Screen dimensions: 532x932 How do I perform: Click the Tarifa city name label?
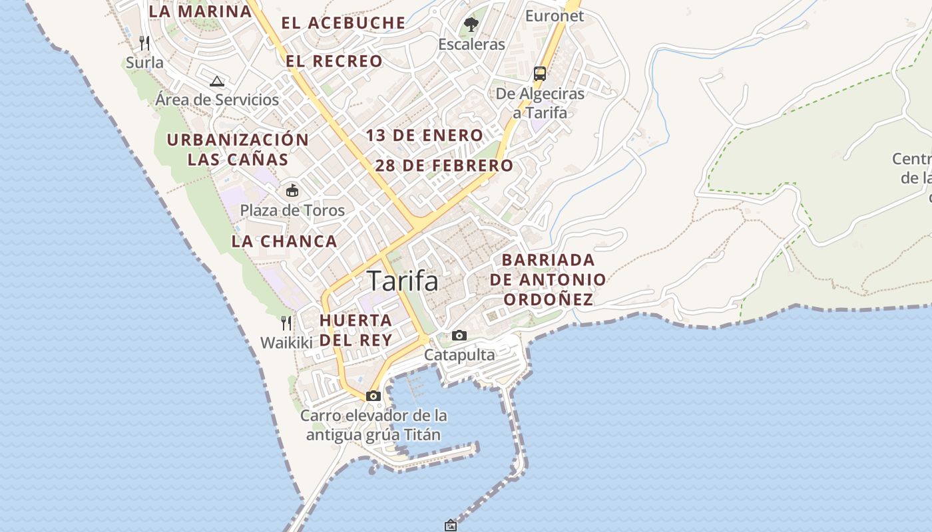[x=403, y=281]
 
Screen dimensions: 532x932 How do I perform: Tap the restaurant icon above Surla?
[x=144, y=43]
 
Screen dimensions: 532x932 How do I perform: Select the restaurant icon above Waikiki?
[x=286, y=323]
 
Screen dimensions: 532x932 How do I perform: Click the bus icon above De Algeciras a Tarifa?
[x=540, y=73]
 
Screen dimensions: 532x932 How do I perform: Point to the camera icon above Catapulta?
[x=459, y=335]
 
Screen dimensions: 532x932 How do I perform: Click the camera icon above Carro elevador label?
[x=373, y=396]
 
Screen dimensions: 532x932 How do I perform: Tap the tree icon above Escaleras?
[x=471, y=25]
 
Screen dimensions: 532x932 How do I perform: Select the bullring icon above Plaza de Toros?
[x=292, y=191]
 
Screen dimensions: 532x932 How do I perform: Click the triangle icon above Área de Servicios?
[x=216, y=82]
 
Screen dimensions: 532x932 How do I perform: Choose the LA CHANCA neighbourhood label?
[x=284, y=241]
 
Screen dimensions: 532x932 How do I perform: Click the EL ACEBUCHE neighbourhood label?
[x=344, y=23]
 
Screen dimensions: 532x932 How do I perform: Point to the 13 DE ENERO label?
[x=424, y=136]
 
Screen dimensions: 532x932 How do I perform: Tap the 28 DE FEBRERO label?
[x=444, y=166]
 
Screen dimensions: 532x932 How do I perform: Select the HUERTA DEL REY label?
[x=355, y=330]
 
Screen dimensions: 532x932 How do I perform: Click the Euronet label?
[x=555, y=16]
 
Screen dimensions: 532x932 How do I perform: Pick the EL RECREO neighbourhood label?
[x=334, y=62]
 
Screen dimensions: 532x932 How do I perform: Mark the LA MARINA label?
[x=200, y=11]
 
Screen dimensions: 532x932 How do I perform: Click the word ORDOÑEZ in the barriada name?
[x=548, y=299]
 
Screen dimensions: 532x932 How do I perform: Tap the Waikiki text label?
[x=286, y=343]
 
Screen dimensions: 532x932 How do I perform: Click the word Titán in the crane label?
[x=422, y=435]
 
